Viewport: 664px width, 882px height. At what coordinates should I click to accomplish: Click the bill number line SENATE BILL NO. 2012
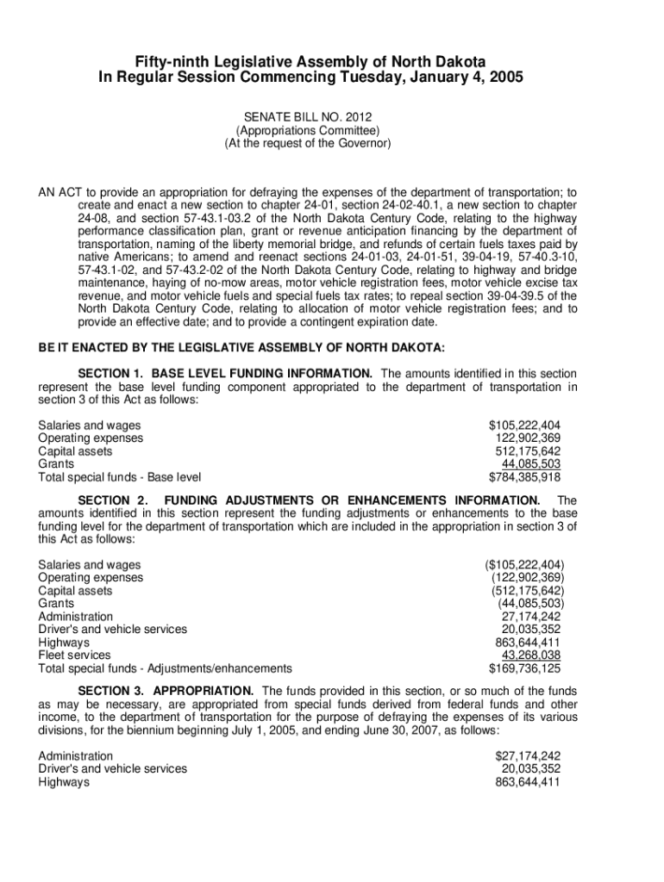click(307, 118)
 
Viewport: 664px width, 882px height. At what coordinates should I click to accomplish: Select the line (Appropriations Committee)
click(308, 131)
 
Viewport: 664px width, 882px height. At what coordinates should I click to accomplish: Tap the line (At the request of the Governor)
click(308, 144)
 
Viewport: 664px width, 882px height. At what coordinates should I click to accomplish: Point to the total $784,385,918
click(525, 477)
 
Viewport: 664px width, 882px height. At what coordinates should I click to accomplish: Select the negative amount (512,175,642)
click(527, 591)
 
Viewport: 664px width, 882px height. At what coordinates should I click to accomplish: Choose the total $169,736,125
click(525, 668)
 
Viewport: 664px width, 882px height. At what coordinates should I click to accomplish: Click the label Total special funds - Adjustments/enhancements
click(165, 668)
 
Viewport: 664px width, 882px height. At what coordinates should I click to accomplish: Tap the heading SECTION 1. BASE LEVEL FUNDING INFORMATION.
click(225, 374)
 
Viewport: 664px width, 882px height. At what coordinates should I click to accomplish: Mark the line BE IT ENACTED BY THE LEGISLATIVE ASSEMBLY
click(241, 348)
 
